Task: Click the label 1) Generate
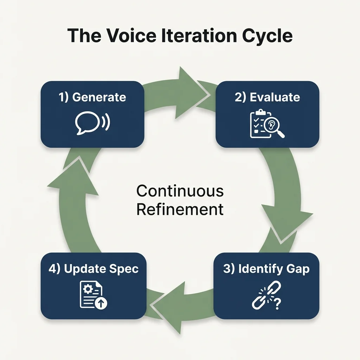pos(92,97)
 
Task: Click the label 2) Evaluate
pos(267,97)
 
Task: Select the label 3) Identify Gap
pos(266,269)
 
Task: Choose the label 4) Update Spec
pos(94,269)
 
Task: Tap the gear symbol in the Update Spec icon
pos(88,289)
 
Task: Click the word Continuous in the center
pos(180,191)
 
